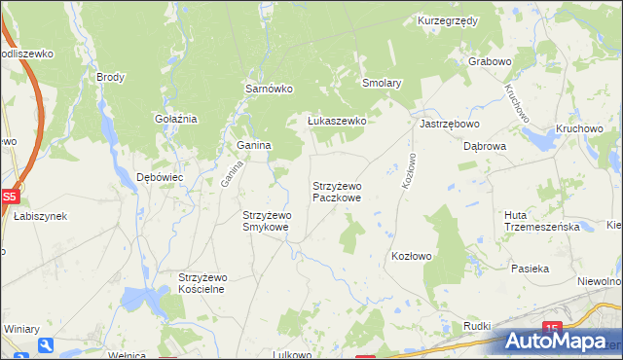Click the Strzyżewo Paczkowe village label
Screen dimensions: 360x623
tap(337, 191)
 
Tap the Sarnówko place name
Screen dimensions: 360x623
tap(269, 88)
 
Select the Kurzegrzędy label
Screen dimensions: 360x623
tap(447, 19)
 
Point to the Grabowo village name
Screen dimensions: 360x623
tap(490, 61)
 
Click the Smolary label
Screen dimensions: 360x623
tap(382, 84)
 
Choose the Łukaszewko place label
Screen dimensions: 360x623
tap(336, 121)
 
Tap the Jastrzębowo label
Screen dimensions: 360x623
tap(450, 125)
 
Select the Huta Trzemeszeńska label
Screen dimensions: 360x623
tap(542, 220)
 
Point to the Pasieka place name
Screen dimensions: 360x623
tap(531, 268)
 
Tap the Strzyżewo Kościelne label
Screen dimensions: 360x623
tap(202, 282)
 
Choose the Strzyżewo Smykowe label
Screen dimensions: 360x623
tap(266, 221)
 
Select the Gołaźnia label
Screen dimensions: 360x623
tap(176, 119)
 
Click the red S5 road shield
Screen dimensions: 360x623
tap(9, 196)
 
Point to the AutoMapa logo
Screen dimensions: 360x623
tap(561, 341)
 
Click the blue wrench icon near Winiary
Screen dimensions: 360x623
tap(46, 344)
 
